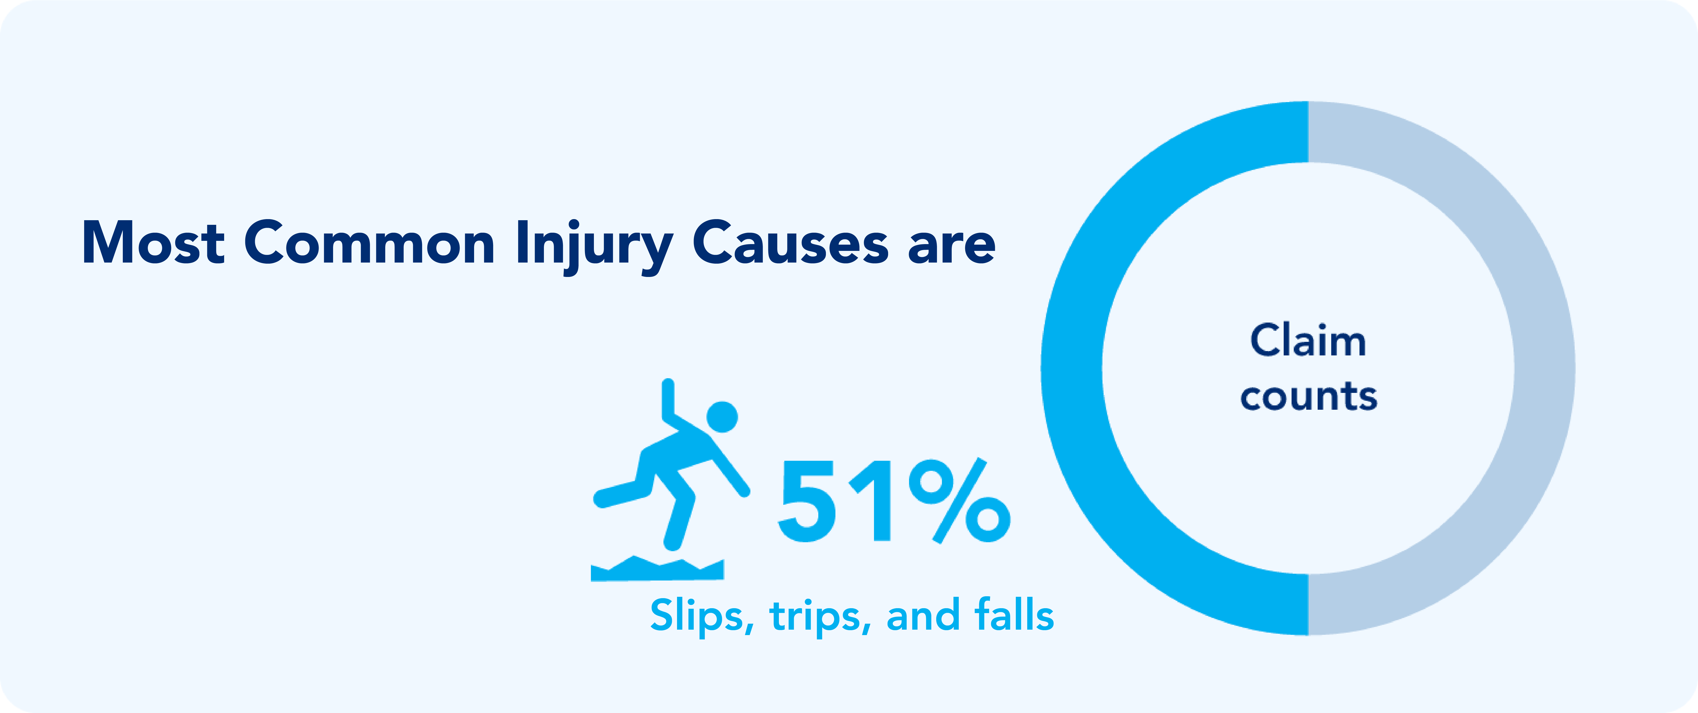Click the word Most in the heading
[x=153, y=242]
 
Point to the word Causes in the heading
[x=790, y=242]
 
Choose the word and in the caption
[x=923, y=615]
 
